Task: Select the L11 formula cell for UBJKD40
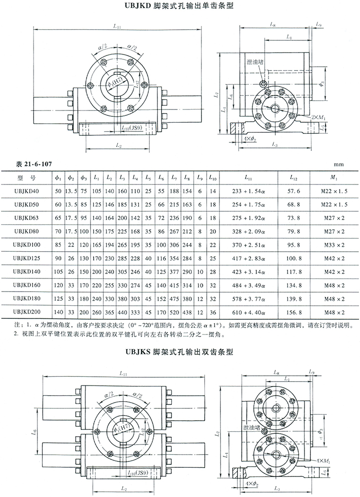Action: click(x=248, y=191)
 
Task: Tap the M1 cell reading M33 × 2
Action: click(x=336, y=241)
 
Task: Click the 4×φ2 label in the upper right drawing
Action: click(x=250, y=139)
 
